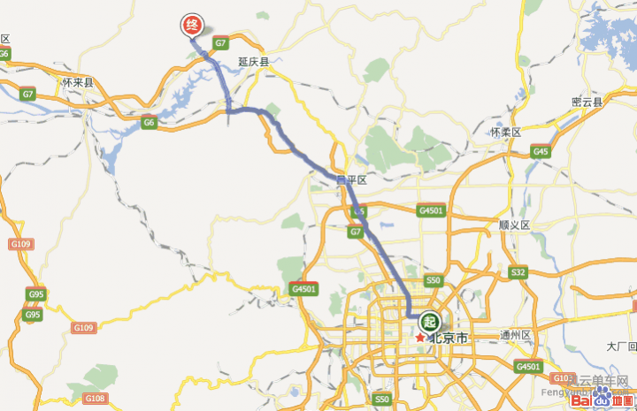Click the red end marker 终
click(191, 26)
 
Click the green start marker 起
click(430, 322)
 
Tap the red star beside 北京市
click(419, 338)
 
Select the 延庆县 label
click(253, 62)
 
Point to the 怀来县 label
click(78, 82)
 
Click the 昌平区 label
click(351, 180)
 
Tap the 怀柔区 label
click(506, 133)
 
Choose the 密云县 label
click(587, 103)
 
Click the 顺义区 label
click(514, 225)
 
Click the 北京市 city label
click(449, 339)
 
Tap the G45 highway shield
click(541, 152)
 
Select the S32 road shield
click(518, 272)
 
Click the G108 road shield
click(96, 399)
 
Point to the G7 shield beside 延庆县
click(221, 42)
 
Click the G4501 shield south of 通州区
click(528, 366)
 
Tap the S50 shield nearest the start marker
click(433, 280)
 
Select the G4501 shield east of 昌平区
click(430, 210)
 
